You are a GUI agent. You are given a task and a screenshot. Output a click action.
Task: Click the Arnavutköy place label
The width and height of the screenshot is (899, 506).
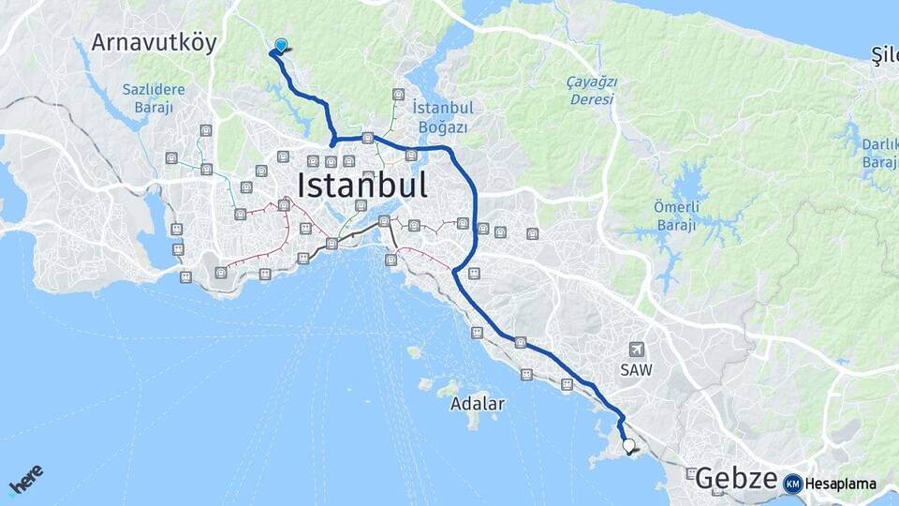[x=154, y=42]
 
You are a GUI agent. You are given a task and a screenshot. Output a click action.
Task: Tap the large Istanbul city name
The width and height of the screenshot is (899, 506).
[x=362, y=185]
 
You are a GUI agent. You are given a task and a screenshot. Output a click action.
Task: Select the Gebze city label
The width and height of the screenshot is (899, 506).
[x=735, y=480]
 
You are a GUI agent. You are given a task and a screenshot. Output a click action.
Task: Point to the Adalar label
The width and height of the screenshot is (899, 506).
[x=477, y=405]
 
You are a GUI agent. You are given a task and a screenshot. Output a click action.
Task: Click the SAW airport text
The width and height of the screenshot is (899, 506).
[x=635, y=370]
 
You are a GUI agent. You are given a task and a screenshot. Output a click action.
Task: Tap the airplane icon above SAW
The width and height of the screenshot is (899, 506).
[x=638, y=350]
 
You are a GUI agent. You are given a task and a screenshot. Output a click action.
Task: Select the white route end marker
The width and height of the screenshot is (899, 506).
[x=628, y=447]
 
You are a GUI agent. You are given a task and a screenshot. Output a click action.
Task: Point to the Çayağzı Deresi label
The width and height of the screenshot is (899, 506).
[x=592, y=90]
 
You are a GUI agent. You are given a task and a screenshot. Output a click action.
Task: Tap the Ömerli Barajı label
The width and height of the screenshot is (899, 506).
[x=675, y=216]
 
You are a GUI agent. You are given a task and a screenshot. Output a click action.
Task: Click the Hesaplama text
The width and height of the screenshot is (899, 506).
[x=841, y=484]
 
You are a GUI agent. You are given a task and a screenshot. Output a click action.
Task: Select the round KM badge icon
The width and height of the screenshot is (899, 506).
[x=792, y=484]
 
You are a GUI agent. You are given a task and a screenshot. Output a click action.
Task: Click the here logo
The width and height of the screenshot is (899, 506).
[x=25, y=482]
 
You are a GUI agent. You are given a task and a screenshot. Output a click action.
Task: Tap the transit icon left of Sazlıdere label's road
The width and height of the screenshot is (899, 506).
[x=171, y=158]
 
